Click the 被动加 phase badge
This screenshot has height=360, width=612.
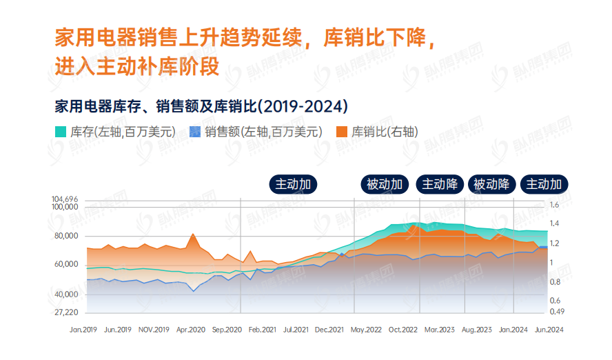click(x=385, y=184)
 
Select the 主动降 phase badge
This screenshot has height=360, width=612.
click(x=440, y=184)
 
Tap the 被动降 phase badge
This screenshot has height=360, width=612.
click(x=492, y=184)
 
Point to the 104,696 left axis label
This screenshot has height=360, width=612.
click(x=65, y=199)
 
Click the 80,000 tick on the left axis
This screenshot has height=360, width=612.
click(x=66, y=236)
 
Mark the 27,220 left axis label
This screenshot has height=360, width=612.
click(x=66, y=312)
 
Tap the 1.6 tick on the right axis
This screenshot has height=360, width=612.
click(x=555, y=205)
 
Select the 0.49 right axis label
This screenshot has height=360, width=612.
click(x=556, y=312)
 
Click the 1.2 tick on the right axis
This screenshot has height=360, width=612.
click(x=555, y=243)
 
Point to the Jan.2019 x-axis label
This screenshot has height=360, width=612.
click(x=83, y=330)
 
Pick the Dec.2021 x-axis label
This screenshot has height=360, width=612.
click(x=329, y=330)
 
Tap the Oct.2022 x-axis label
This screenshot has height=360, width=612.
click(x=403, y=330)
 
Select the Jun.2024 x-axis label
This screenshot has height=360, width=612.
click(x=549, y=330)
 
